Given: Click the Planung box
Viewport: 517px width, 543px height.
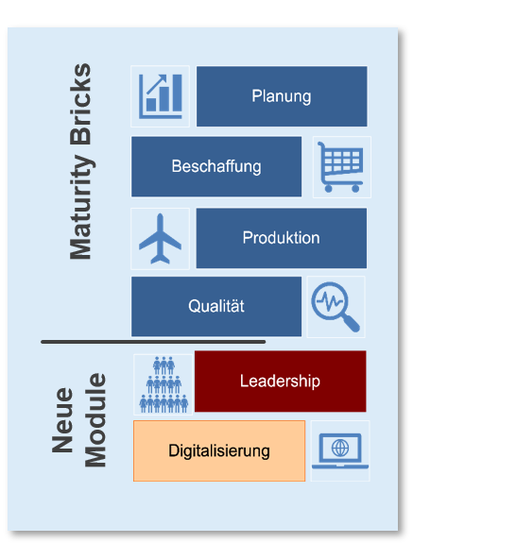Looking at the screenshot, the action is (282, 96).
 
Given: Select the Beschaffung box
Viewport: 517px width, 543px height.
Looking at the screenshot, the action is (216, 166).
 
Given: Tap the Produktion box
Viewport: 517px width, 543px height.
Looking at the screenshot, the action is (282, 238).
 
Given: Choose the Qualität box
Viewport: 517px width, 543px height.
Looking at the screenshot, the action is (216, 306).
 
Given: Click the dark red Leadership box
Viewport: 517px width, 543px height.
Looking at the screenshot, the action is (281, 382).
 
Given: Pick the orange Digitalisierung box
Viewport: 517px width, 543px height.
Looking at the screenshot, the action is (219, 450).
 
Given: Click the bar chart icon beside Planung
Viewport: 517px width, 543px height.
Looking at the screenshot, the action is (161, 96).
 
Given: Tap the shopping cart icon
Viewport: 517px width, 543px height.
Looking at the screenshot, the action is (341, 167).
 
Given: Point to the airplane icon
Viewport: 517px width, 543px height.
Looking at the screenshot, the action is (160, 239).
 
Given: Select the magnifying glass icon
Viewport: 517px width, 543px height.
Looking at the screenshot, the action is (336, 307).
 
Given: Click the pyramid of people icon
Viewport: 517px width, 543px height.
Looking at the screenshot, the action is (164, 384).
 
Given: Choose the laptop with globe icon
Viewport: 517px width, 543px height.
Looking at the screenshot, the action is (340, 450).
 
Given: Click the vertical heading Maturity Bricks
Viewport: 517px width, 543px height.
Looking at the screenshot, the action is (80, 161).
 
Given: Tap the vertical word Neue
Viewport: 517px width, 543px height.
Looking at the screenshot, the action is (62, 420).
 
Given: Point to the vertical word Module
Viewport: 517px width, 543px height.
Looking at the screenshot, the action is (95, 420).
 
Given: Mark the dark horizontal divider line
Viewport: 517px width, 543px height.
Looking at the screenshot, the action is (153, 342).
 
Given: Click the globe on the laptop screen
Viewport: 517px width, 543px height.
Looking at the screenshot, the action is (340, 448).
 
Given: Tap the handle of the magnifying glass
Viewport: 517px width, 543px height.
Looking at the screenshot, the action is (351, 323).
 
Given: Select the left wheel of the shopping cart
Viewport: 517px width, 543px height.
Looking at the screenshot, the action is (329, 189).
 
